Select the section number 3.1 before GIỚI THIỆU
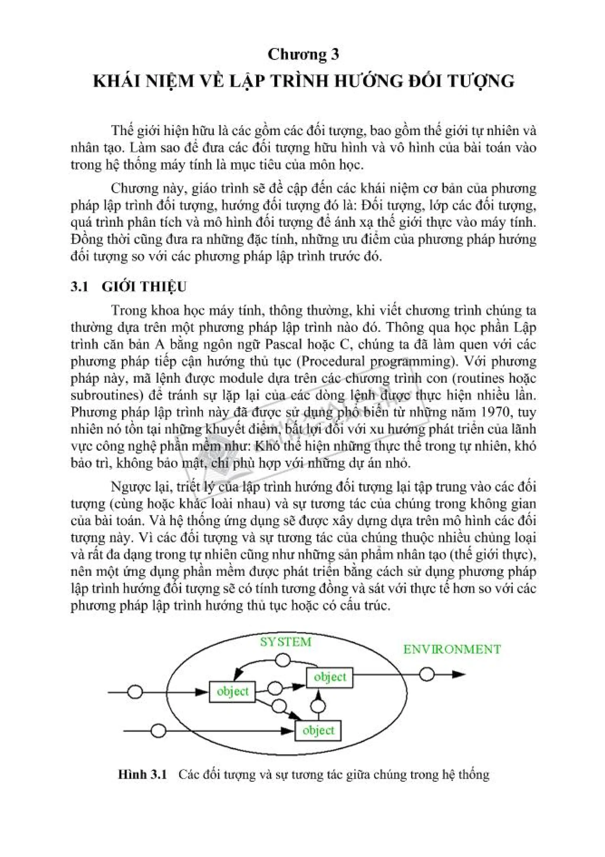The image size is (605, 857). (x=79, y=286)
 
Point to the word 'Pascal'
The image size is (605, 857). (x=285, y=344)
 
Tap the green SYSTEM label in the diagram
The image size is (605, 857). (x=286, y=642)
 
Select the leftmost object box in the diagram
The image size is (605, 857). (x=232, y=692)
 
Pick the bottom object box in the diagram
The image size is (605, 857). (x=318, y=730)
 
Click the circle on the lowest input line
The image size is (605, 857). (x=158, y=730)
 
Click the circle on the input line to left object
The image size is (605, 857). (x=135, y=692)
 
